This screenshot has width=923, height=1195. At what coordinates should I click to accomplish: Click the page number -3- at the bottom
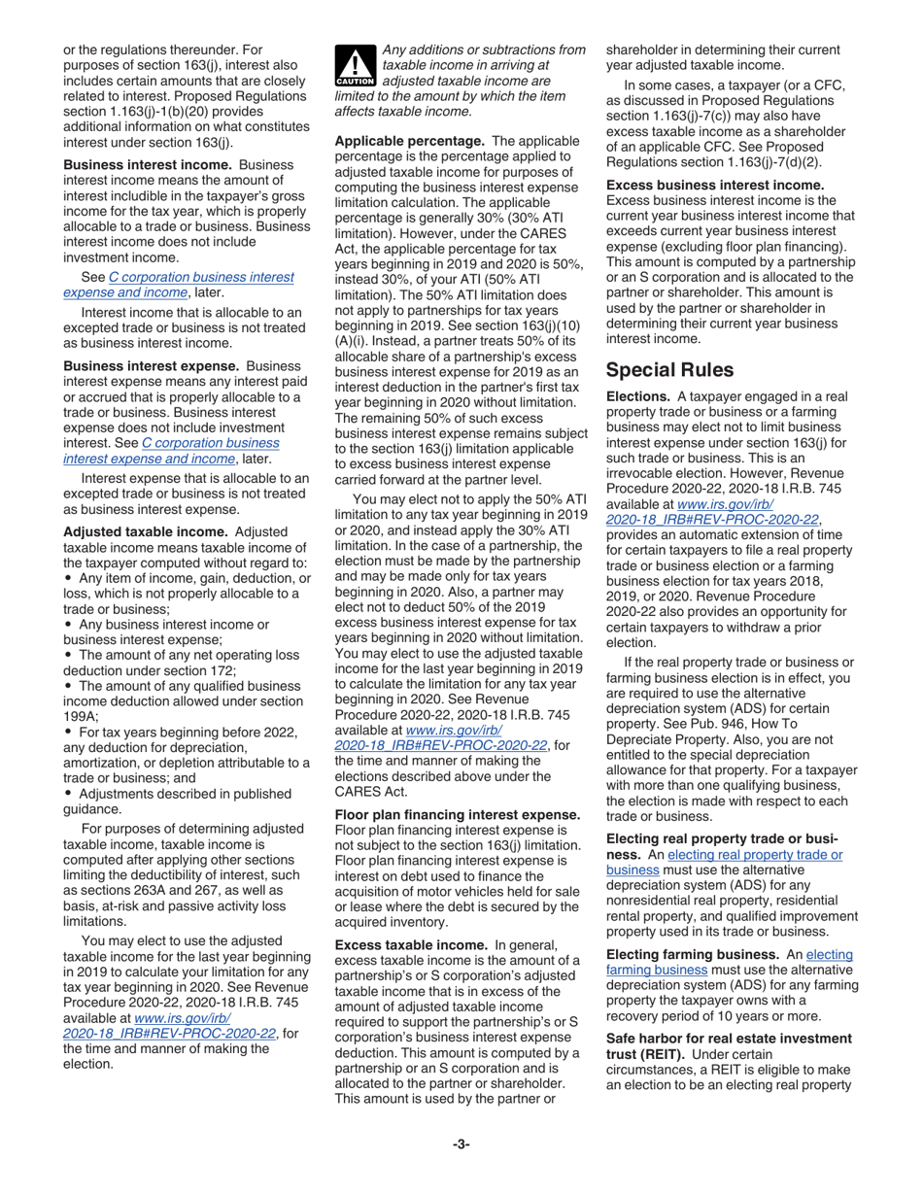[x=461, y=1144]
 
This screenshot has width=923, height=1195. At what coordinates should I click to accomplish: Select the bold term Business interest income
[x=147, y=165]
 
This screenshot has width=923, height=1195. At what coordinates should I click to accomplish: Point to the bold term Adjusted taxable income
[x=145, y=532]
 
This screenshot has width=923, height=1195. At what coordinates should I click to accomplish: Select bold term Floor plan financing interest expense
[x=458, y=814]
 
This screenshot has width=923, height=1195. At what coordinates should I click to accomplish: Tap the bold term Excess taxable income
[x=411, y=944]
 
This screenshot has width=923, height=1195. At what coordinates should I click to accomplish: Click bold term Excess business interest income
[x=715, y=185]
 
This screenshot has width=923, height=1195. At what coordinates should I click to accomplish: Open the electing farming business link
[x=729, y=962]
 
